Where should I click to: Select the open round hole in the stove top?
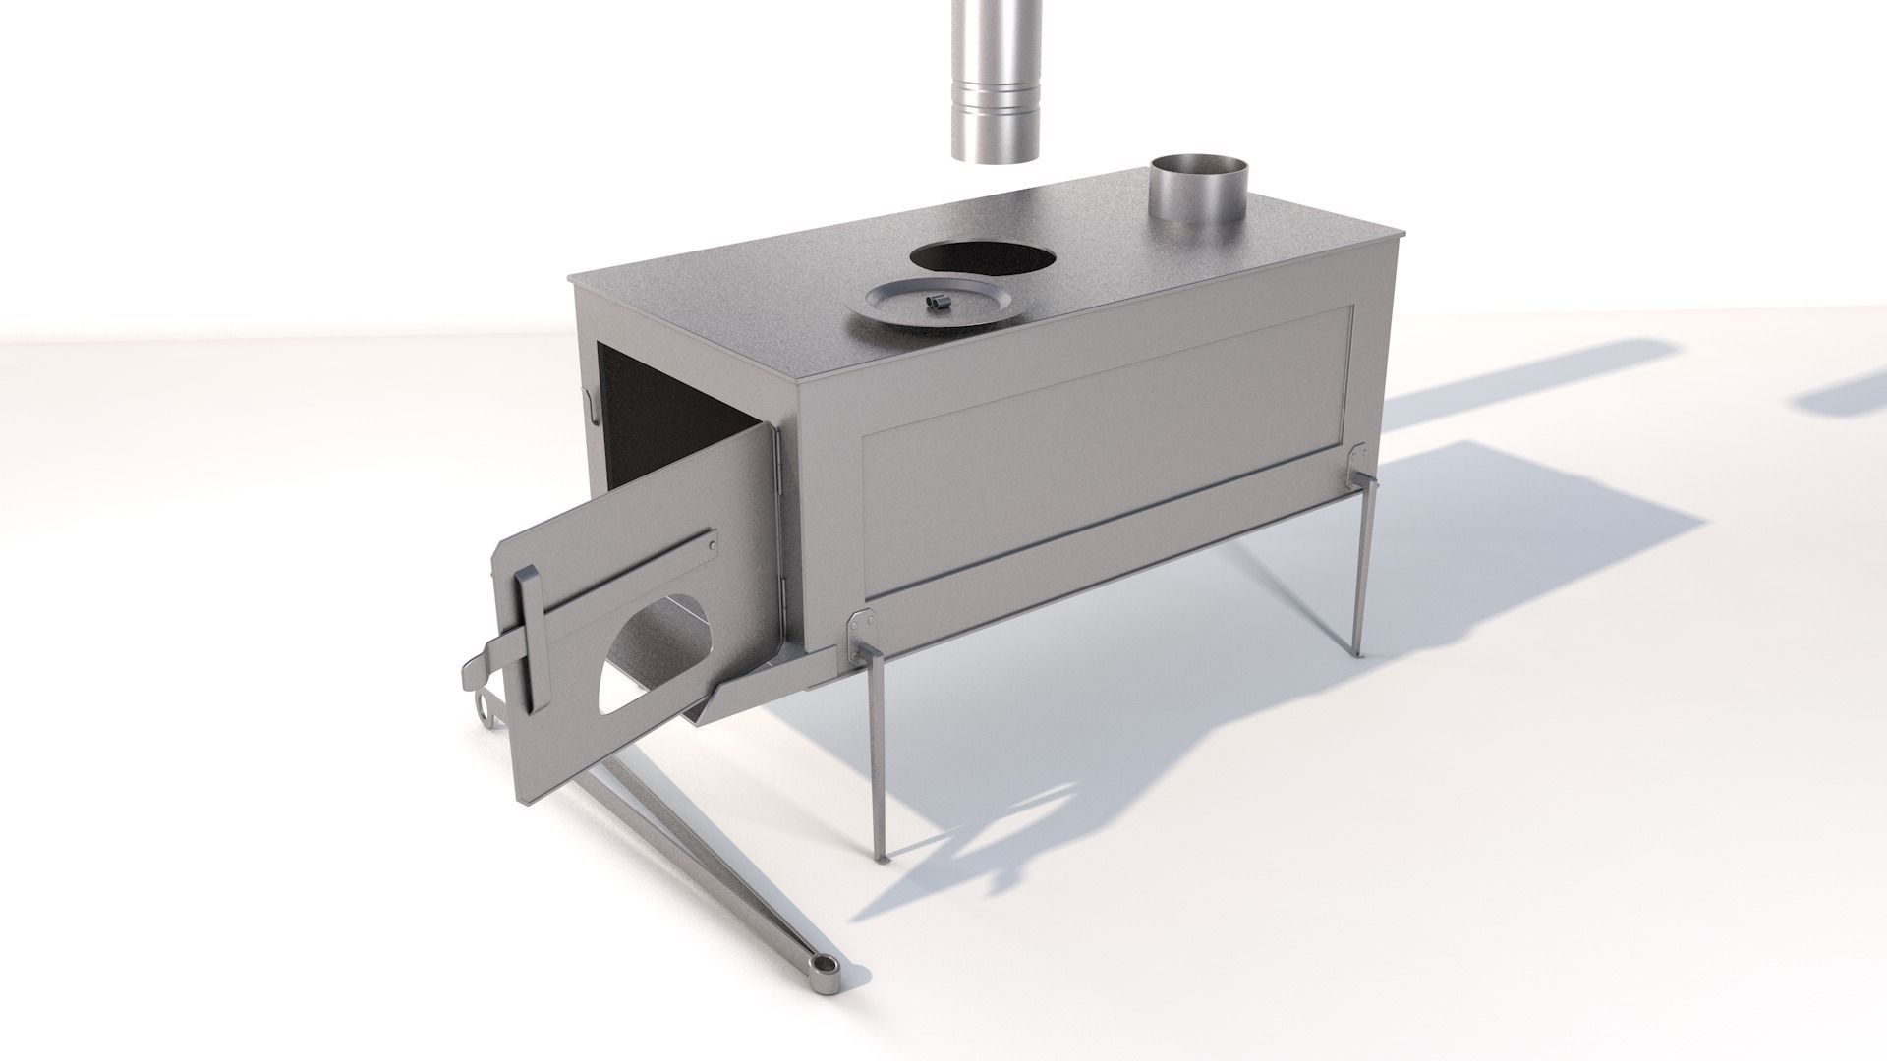pyautogui.click(x=983, y=257)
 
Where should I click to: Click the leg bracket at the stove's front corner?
pyautogui.click(x=862, y=635)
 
